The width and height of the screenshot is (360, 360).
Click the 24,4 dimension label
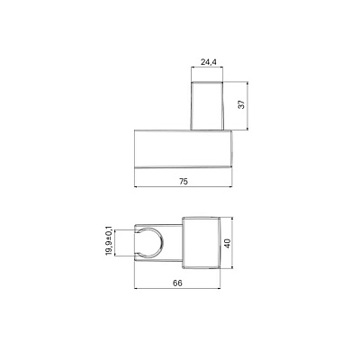(209, 62)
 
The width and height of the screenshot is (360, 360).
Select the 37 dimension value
(242, 104)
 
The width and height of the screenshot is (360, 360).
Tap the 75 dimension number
(184, 181)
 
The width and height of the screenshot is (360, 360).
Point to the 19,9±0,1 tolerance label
(109, 241)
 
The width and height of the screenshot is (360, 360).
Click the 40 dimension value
(228, 243)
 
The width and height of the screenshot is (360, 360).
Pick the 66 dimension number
(177, 283)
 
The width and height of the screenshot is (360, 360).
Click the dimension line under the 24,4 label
(207, 67)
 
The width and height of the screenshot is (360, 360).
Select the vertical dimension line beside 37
(247, 105)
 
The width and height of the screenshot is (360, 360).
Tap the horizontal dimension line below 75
(184, 187)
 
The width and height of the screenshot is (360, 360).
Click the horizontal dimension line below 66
(177, 289)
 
